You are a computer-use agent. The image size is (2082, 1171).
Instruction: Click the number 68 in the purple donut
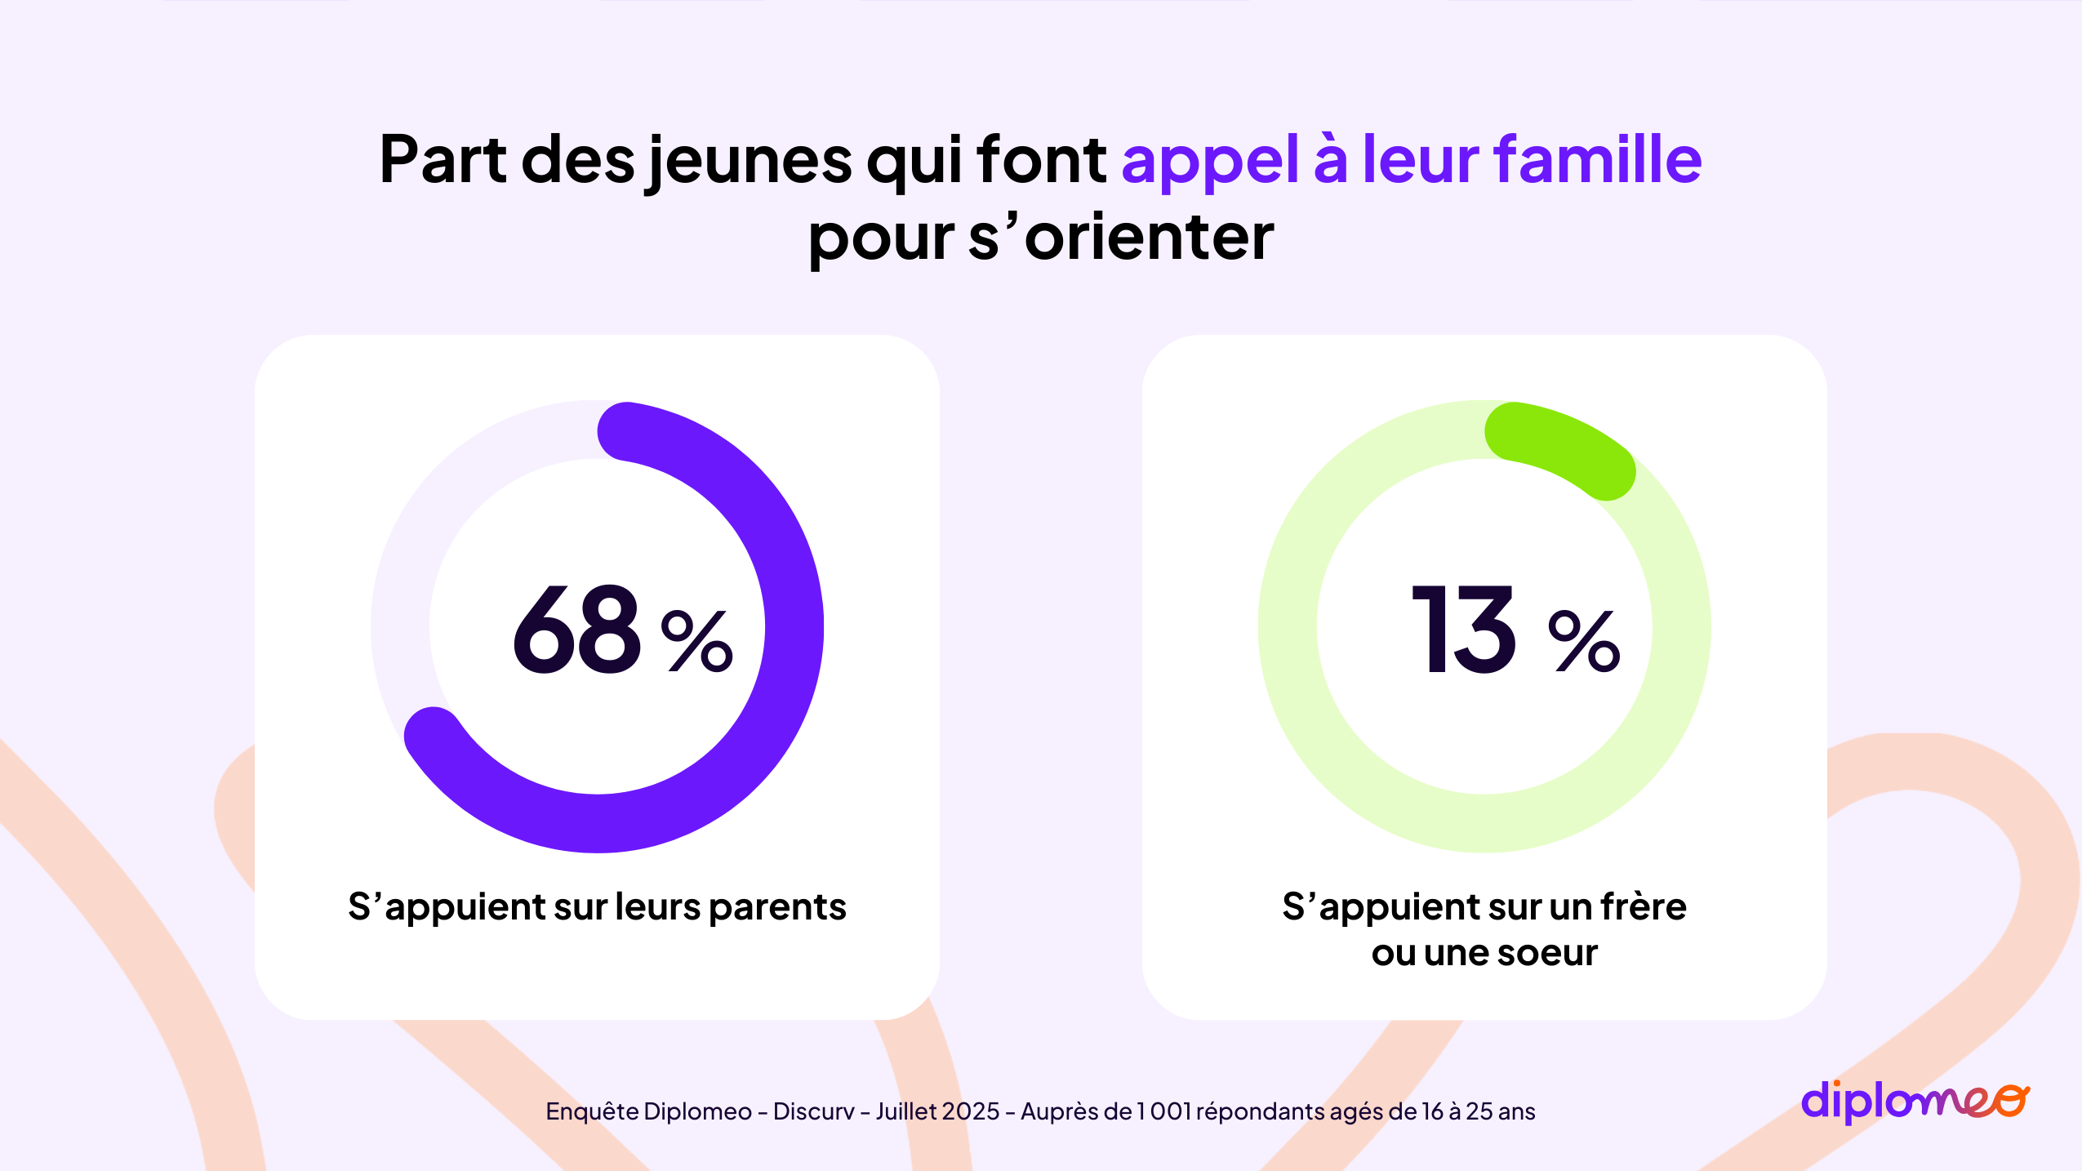tap(577, 630)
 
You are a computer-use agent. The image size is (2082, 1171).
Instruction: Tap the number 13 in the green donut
tap(1465, 630)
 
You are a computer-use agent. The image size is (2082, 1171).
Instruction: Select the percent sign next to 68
tap(696, 641)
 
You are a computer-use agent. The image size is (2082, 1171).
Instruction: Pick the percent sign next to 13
tap(1583, 641)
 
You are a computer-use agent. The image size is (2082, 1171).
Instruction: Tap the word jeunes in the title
tap(749, 161)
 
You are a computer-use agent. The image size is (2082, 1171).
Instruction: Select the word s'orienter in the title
tap(1121, 238)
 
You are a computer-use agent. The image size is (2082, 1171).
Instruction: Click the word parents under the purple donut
tap(777, 908)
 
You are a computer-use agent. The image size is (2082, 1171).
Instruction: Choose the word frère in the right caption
tap(1643, 906)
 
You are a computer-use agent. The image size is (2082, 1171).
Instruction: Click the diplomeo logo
tap(1915, 1101)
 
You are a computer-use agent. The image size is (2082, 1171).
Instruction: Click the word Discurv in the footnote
tap(813, 1111)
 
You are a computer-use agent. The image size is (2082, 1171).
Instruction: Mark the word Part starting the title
tap(443, 159)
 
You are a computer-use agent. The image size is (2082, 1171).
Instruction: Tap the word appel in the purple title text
tap(1210, 161)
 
